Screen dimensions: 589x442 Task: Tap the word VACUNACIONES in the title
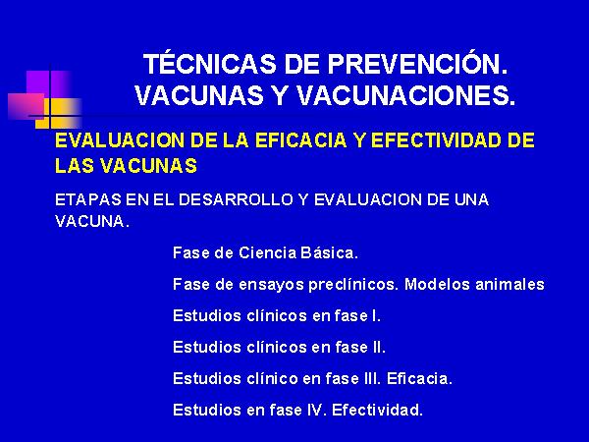tap(405, 95)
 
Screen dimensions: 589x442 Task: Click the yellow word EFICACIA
tap(300, 140)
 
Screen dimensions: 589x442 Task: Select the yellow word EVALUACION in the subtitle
tap(120, 140)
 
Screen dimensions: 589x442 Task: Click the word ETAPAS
tap(88, 199)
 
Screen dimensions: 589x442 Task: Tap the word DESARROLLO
tap(236, 199)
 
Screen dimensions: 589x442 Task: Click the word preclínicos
tap(353, 285)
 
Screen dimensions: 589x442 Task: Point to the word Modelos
tap(437, 284)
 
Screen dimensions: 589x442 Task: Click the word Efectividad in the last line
tap(377, 410)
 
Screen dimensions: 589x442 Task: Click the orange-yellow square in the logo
tap(58, 113)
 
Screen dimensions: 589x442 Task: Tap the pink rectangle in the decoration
tap(27, 106)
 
